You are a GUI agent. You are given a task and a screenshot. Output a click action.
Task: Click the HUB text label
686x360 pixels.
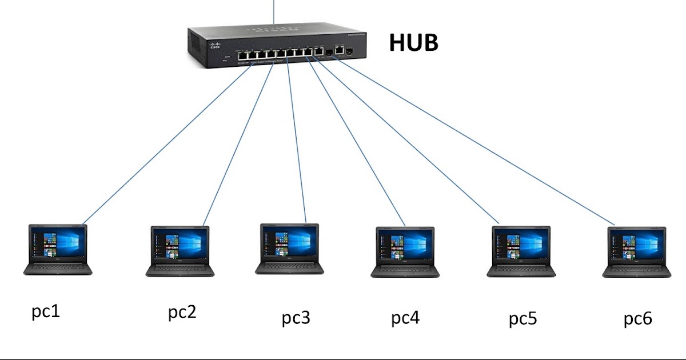[x=413, y=43]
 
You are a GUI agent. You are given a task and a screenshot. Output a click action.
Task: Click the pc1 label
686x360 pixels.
[x=45, y=312]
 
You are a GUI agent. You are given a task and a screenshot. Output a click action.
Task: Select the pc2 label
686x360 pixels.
[x=182, y=313]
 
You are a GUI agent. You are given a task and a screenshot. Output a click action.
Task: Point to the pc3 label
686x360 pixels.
[x=296, y=317]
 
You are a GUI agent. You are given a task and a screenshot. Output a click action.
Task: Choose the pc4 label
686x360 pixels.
[x=405, y=318]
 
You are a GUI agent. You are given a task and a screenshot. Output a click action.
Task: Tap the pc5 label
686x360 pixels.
[x=523, y=318]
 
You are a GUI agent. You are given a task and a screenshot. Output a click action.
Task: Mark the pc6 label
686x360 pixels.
[x=637, y=318]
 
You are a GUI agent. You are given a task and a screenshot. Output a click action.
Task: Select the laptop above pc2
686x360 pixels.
[x=180, y=251]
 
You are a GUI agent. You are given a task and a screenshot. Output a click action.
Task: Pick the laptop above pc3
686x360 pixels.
[x=289, y=249]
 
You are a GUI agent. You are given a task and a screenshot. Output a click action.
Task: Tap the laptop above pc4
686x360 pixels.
[x=405, y=252]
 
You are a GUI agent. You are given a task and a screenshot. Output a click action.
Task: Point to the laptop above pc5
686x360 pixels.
[x=521, y=251]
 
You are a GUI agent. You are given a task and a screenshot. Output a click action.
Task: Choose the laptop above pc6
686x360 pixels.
[x=636, y=252]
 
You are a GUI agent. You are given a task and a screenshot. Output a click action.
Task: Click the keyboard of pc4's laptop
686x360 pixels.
[x=405, y=269]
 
